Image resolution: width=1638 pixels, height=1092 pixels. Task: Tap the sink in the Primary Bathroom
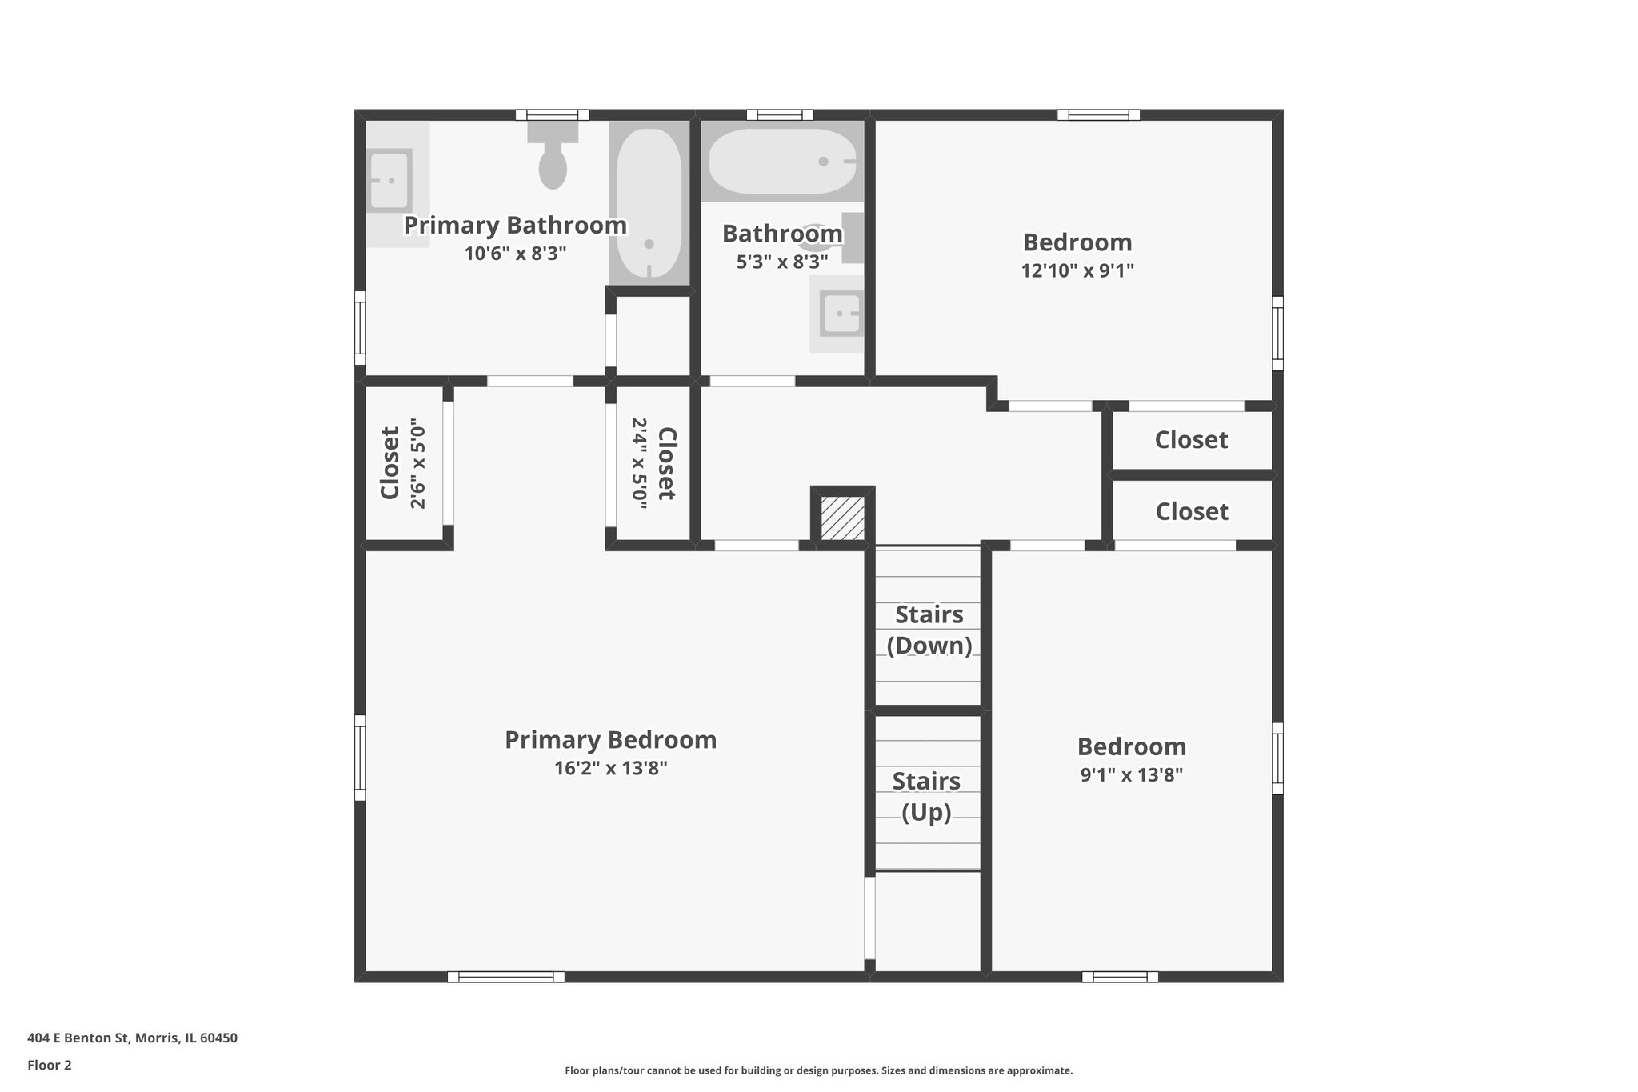click(x=390, y=181)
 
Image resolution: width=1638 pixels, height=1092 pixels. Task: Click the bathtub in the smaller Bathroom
click(x=782, y=162)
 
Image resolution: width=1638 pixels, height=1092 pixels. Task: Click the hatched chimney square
click(x=843, y=518)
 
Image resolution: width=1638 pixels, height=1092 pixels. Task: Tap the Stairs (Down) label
click(x=929, y=630)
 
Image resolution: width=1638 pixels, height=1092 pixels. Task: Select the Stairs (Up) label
click(x=926, y=796)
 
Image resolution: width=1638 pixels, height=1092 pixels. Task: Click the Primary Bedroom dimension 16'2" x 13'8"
click(x=611, y=768)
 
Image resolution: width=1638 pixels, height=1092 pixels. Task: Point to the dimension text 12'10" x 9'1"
click(x=1077, y=270)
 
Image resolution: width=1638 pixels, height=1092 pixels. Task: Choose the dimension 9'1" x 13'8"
click(x=1131, y=774)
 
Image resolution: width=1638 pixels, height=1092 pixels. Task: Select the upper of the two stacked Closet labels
click(x=1191, y=439)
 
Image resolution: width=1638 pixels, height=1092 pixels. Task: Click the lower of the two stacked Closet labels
click(x=1192, y=511)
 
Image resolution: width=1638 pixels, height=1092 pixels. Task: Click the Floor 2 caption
click(x=50, y=1065)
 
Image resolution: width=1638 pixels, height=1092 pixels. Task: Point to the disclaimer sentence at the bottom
click(x=818, y=1070)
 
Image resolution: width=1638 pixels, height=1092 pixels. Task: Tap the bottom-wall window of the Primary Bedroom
click(x=505, y=977)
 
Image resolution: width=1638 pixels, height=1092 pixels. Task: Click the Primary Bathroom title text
click(x=515, y=226)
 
